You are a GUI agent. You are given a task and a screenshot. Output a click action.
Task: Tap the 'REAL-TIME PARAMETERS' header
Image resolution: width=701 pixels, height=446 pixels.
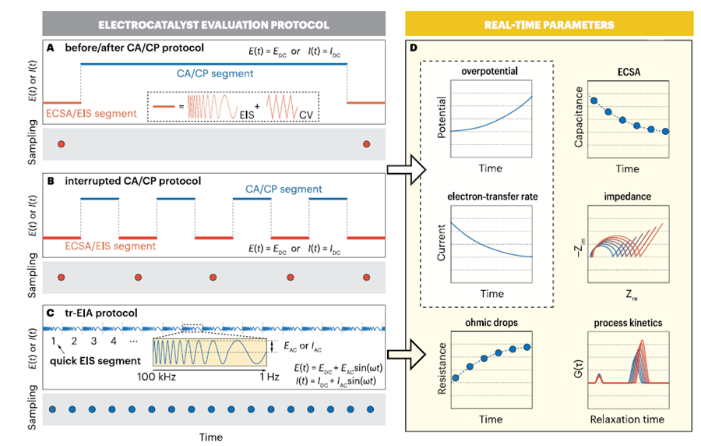click(550, 25)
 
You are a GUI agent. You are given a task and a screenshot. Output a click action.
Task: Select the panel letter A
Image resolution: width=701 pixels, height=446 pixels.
click(50, 48)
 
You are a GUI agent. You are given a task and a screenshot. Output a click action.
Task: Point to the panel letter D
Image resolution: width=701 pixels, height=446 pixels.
click(414, 48)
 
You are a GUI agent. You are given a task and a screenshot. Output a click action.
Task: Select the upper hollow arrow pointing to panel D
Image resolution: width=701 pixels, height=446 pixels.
click(405, 168)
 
